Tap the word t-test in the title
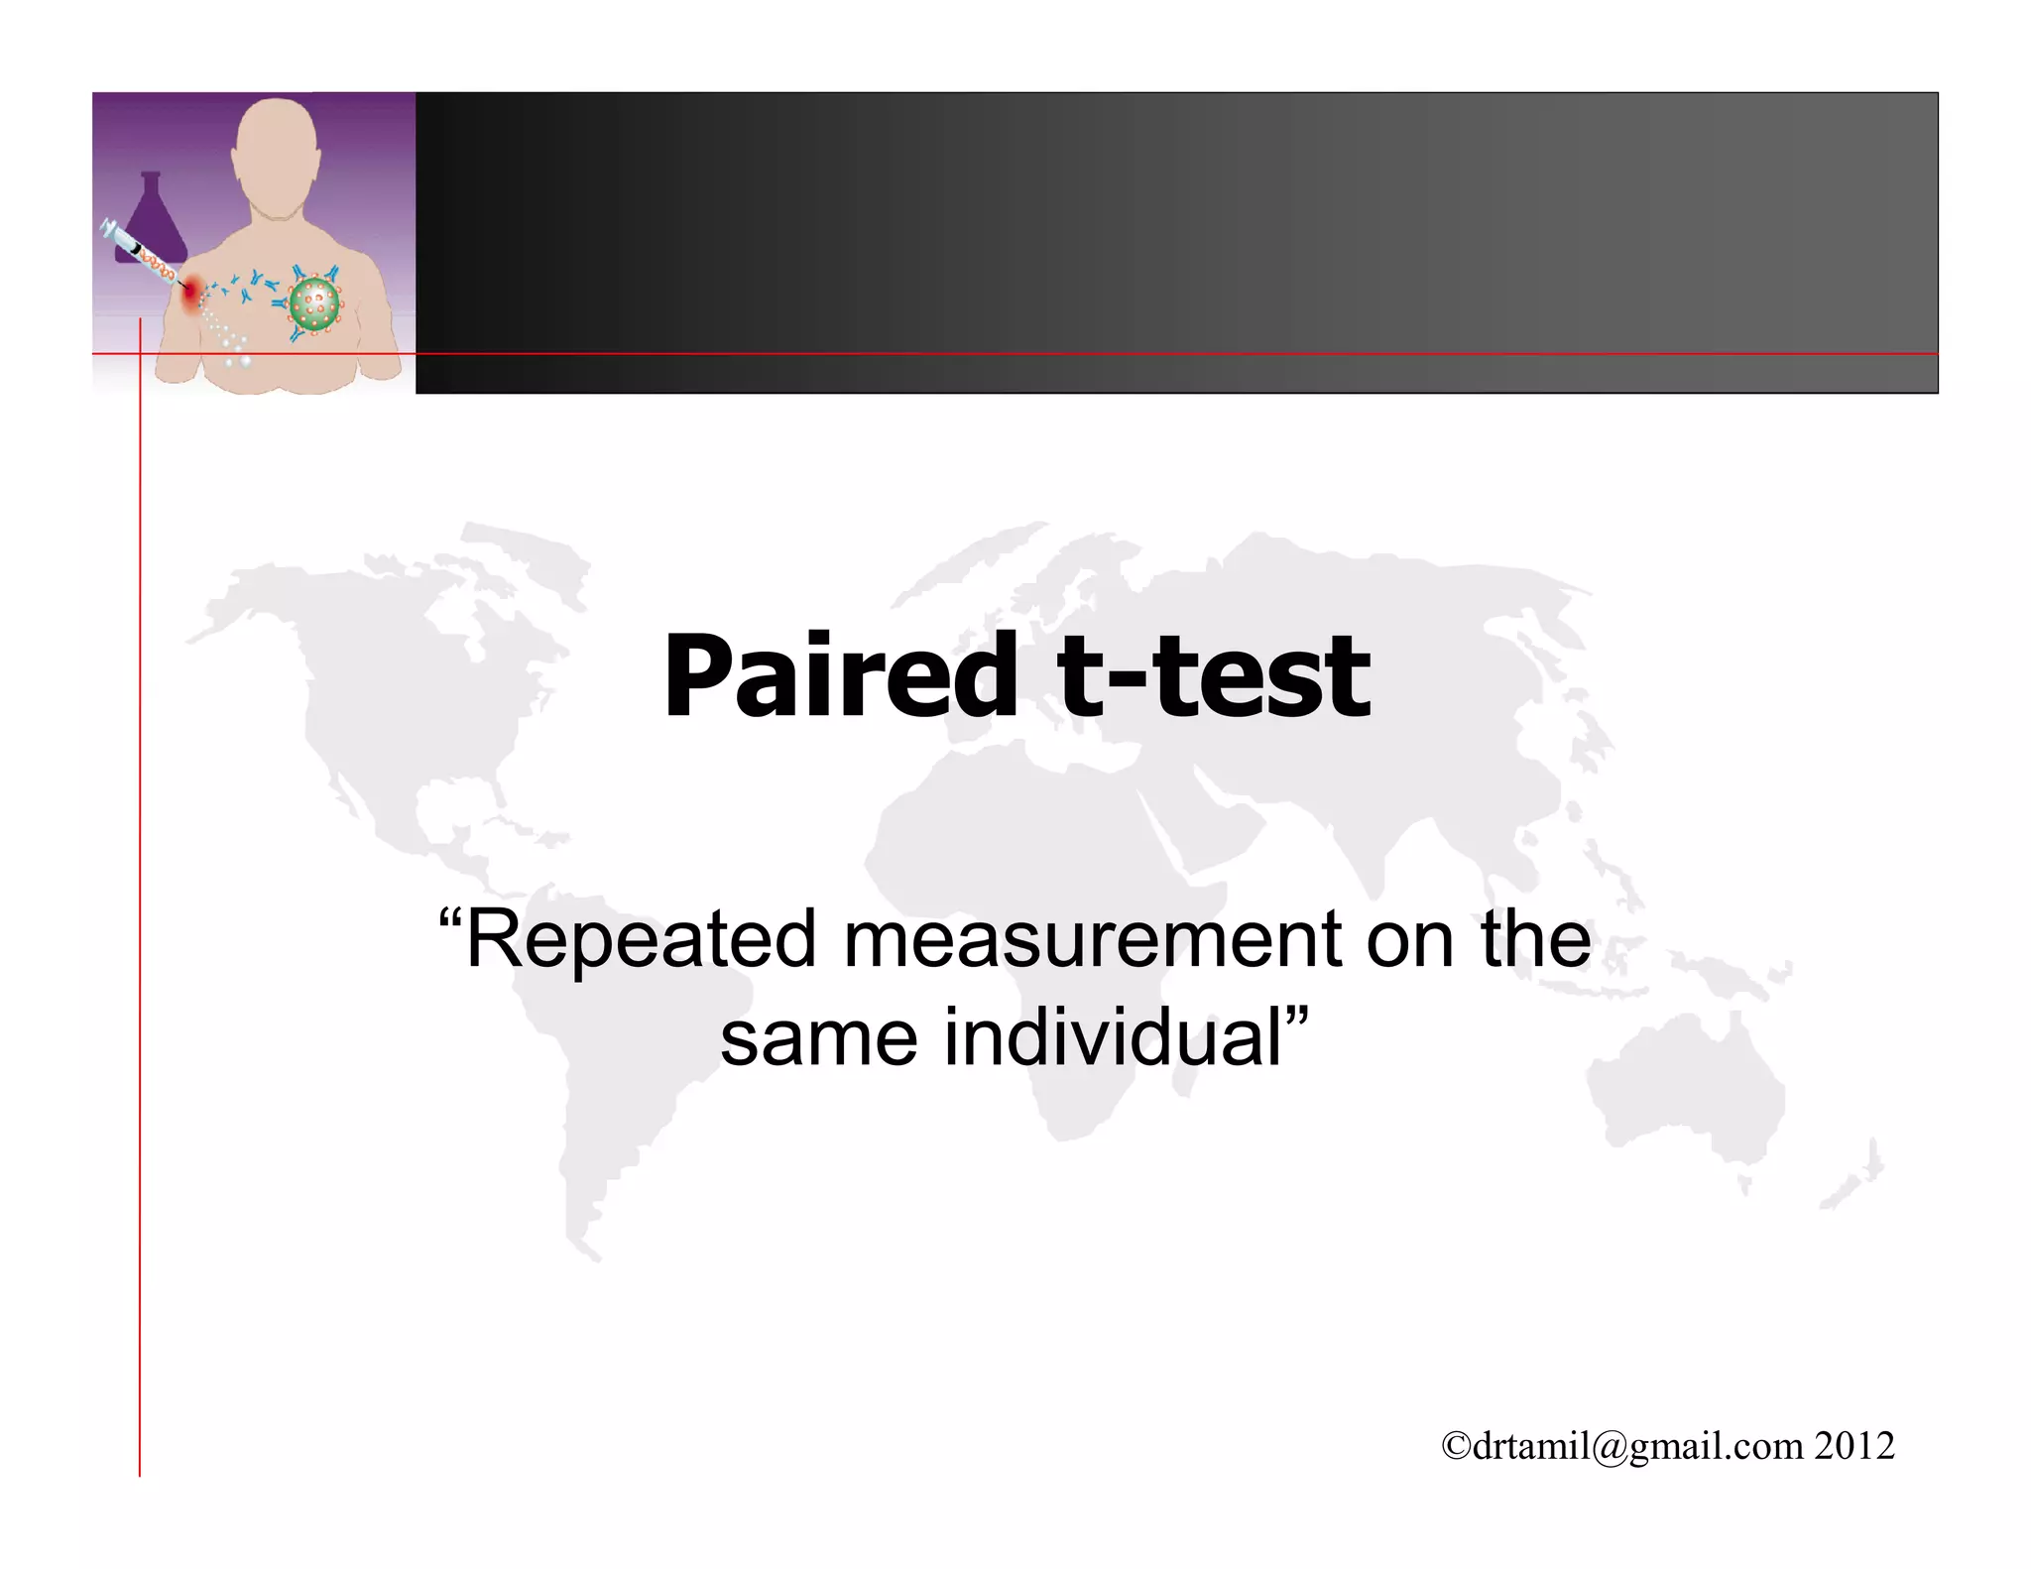1214,676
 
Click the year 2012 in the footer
1854,1446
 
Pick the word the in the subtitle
1536,939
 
